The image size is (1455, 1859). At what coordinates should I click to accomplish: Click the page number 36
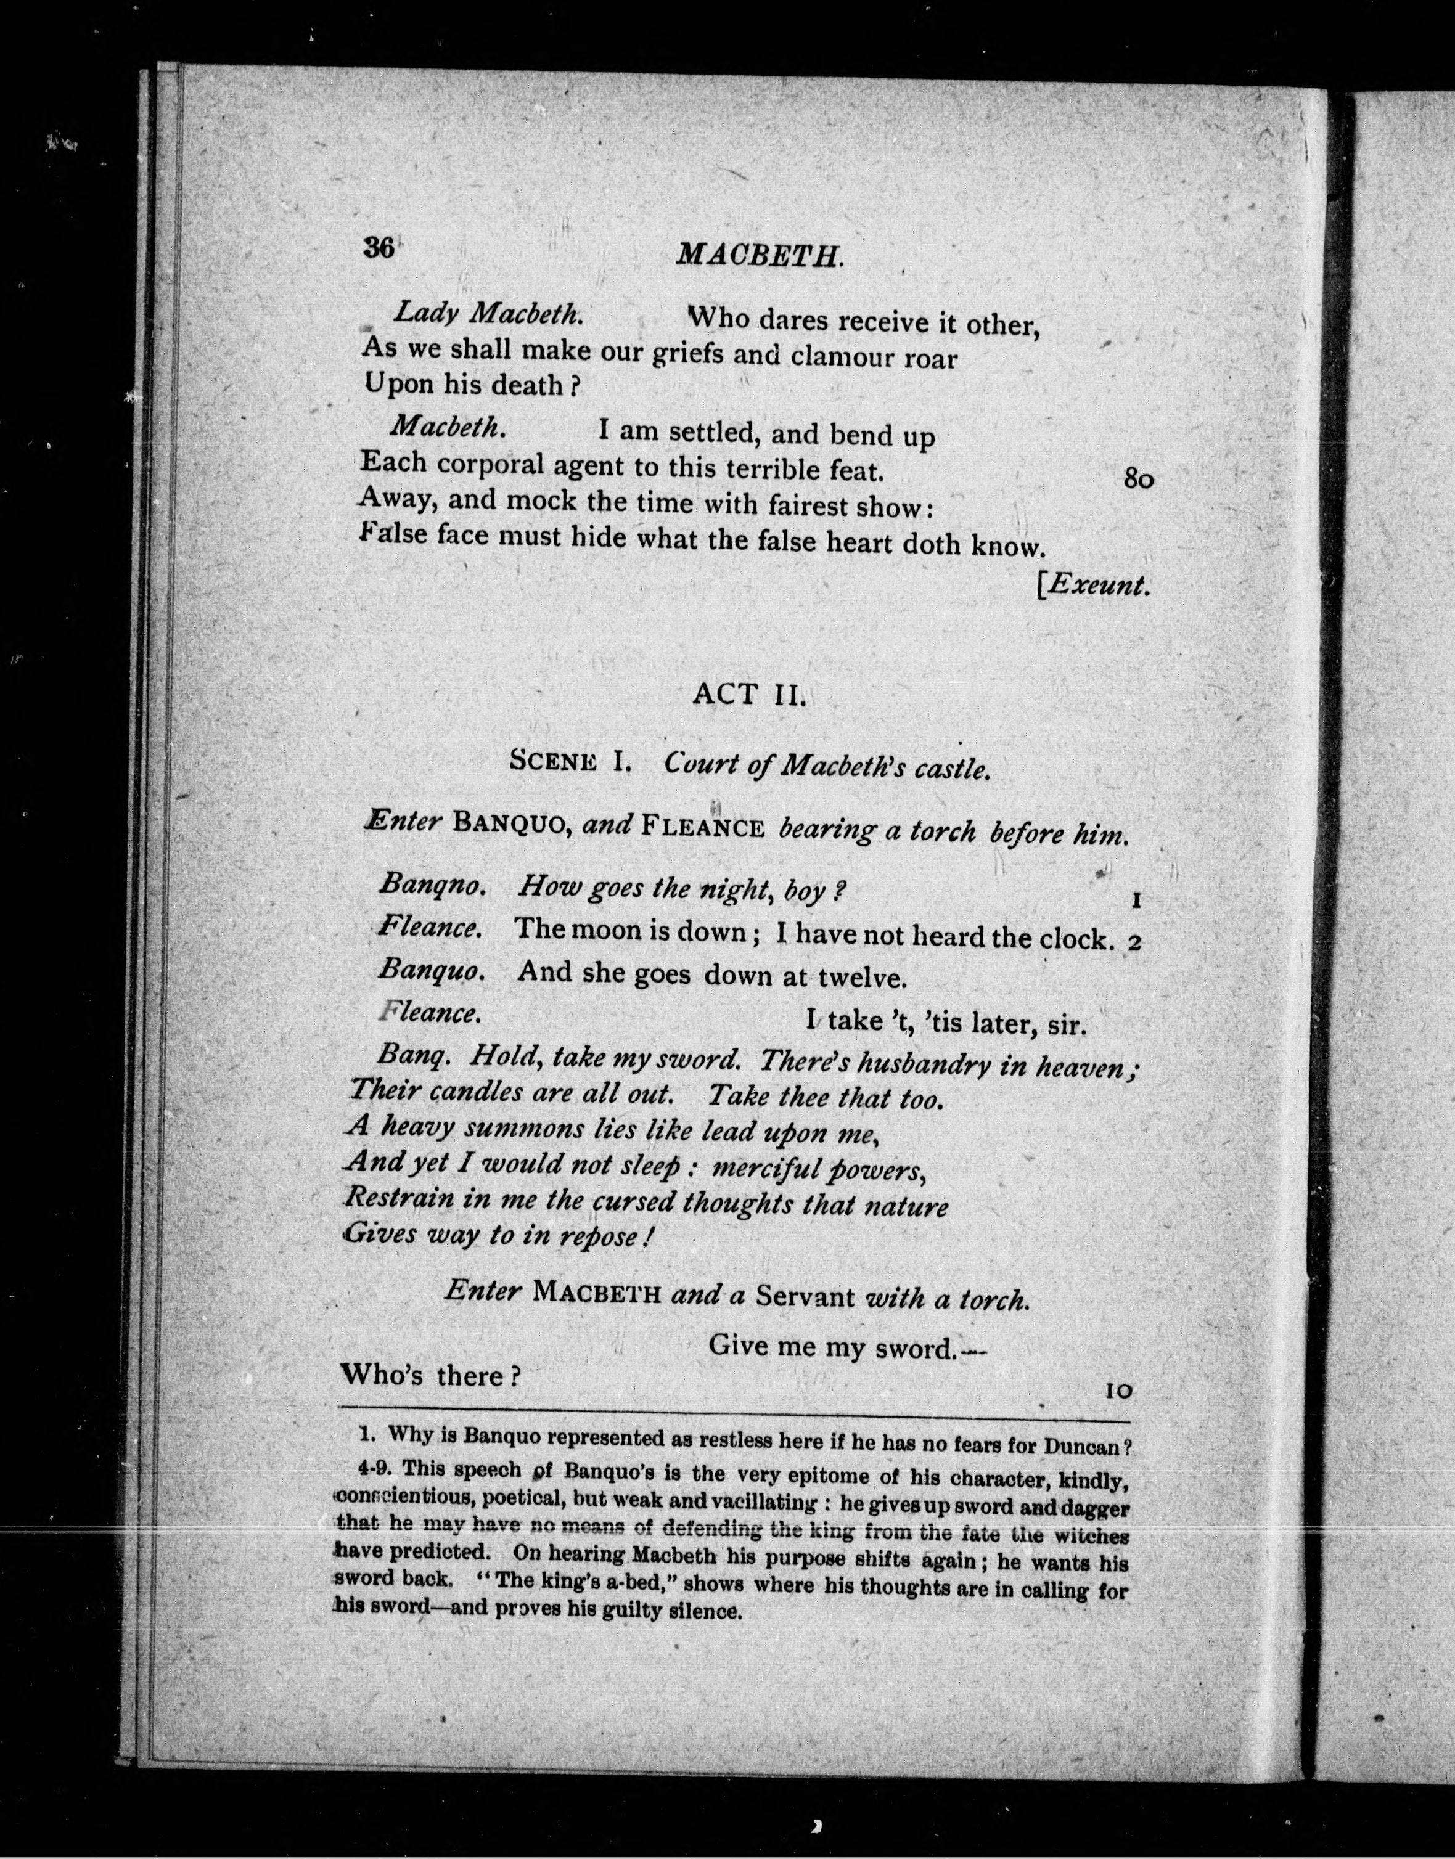click(x=377, y=248)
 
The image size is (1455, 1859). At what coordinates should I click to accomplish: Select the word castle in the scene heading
click(x=953, y=770)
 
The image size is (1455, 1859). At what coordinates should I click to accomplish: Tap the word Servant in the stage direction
click(x=805, y=1297)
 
